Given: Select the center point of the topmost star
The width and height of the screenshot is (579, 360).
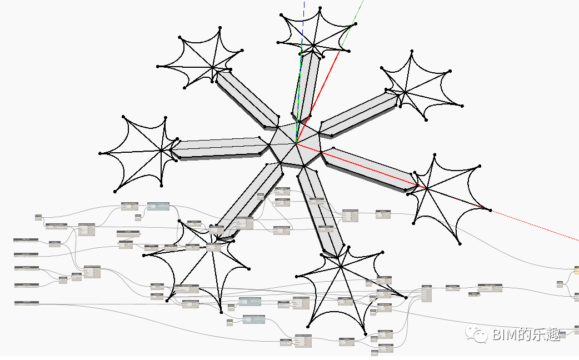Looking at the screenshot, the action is (x=313, y=44).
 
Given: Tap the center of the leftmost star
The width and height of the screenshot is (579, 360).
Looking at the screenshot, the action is (x=162, y=150).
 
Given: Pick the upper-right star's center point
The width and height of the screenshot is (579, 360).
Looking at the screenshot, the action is (x=405, y=92).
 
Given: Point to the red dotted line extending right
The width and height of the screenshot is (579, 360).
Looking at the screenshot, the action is (x=533, y=225).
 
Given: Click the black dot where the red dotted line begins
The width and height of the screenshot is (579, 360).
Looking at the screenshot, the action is (x=490, y=209).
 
